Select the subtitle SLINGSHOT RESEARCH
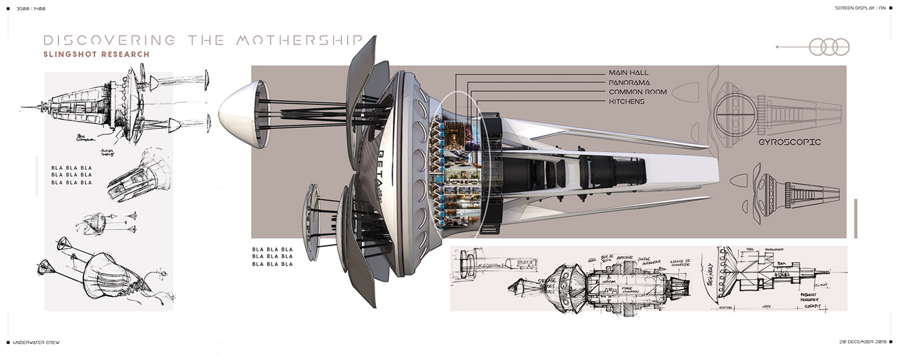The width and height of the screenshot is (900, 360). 96,55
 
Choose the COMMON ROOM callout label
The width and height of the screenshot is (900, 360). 642,92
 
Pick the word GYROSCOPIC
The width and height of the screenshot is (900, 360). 789,141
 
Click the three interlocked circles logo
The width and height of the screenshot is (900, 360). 829,47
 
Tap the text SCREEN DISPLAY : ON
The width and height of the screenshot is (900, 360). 861,8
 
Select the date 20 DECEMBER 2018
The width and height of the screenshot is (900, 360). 863,341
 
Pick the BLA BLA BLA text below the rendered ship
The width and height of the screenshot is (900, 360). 273,256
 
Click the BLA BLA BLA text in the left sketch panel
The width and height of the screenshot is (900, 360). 72,175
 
